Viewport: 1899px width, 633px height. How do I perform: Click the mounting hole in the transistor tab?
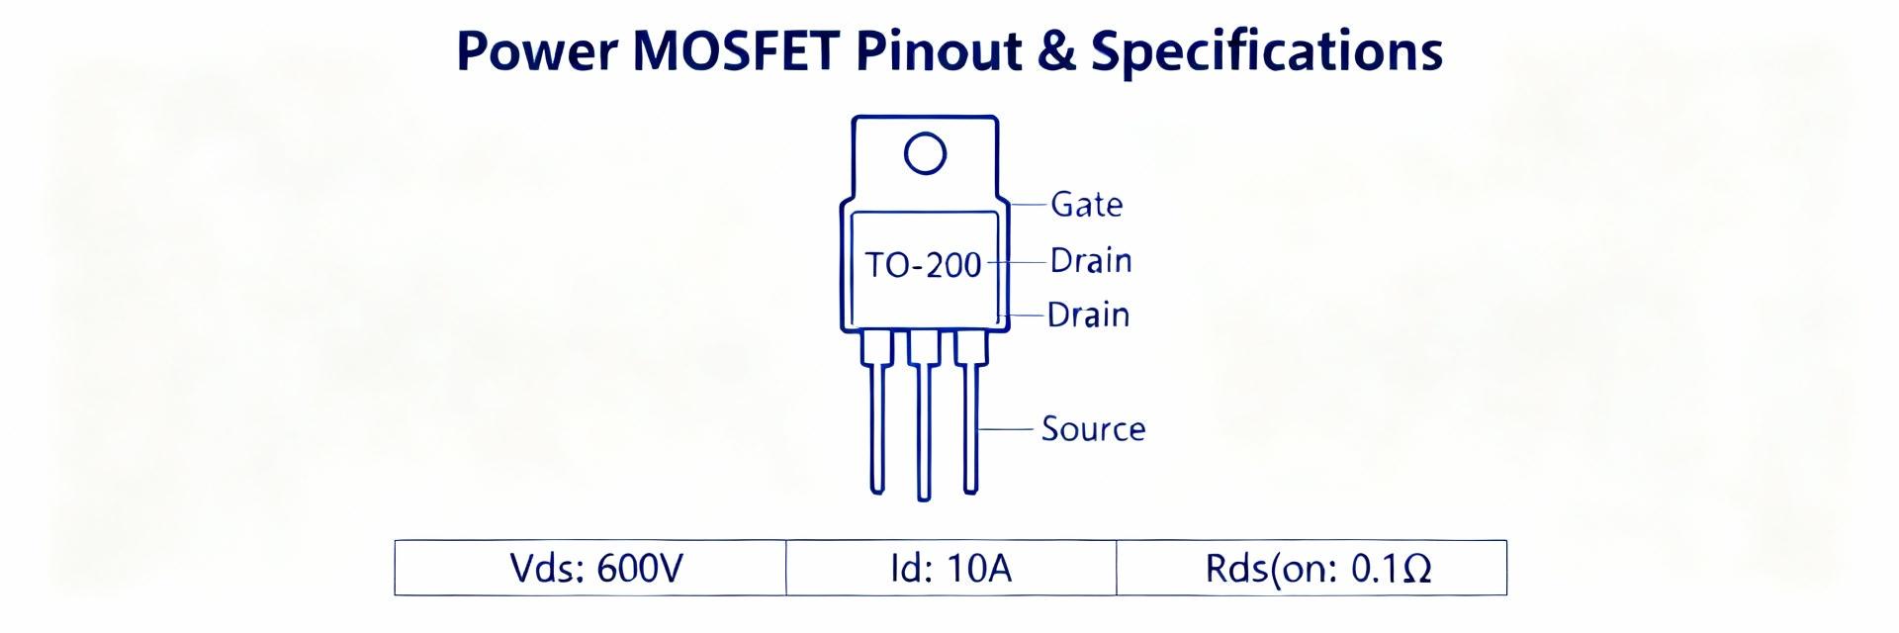click(925, 153)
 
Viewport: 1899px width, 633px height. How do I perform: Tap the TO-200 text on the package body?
click(923, 265)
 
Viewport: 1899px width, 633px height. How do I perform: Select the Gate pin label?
click(1086, 205)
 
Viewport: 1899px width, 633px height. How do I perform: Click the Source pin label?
click(1093, 429)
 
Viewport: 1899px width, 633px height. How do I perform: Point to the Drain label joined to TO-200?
click(1090, 261)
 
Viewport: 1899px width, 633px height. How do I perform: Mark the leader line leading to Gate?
click(1029, 205)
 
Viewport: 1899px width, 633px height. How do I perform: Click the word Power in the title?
click(535, 51)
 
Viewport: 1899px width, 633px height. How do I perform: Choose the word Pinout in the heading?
click(938, 51)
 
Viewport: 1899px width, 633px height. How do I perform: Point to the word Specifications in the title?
click(1266, 51)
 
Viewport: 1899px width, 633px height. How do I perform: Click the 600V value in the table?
click(640, 569)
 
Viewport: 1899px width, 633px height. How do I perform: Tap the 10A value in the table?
click(979, 569)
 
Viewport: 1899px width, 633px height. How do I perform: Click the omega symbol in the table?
click(1416, 570)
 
